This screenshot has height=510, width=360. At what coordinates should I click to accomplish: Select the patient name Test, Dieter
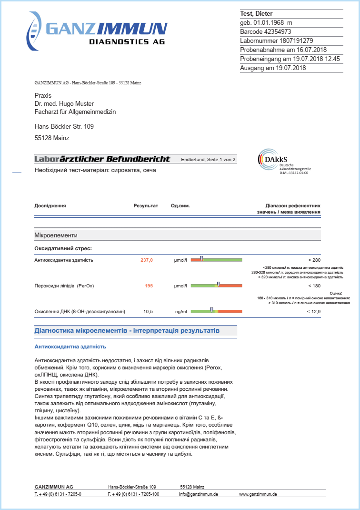[x=256, y=14]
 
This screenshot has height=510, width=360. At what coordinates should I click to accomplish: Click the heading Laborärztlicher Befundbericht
[x=102, y=159]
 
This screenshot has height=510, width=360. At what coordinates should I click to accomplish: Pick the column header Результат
[x=146, y=206]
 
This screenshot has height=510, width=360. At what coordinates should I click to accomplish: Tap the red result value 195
[x=149, y=286]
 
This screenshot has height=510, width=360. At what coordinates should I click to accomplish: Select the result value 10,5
[x=148, y=312]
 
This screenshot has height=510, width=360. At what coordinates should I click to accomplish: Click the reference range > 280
[x=314, y=260]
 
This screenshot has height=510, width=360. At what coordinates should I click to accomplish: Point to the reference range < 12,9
[x=314, y=312]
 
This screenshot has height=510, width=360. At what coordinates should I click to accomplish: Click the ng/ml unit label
[x=181, y=312]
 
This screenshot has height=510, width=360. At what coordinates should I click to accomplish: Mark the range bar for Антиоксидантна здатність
[x=217, y=260]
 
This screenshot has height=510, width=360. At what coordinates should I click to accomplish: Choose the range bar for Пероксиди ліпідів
[x=217, y=286]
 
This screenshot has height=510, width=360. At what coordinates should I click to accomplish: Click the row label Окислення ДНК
[x=80, y=312]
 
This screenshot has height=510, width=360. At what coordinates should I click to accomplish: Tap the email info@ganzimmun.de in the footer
[x=199, y=494]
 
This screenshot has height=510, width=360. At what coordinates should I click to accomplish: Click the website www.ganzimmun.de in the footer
[x=258, y=494]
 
